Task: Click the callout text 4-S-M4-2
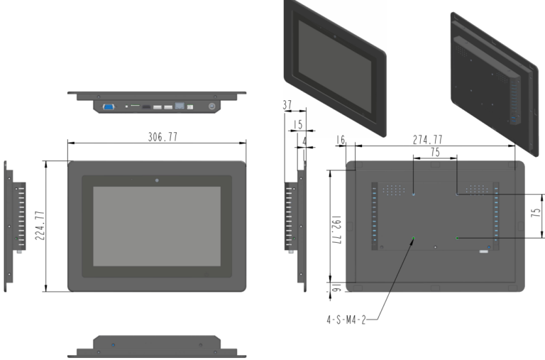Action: (x=347, y=320)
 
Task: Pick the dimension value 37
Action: (x=287, y=105)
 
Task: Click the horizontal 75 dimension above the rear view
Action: (x=434, y=152)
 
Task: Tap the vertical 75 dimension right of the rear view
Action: (x=536, y=215)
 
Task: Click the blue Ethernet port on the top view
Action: (x=180, y=107)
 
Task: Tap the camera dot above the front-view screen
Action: (x=157, y=178)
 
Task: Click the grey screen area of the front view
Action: (x=157, y=227)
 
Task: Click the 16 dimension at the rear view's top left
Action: (x=341, y=140)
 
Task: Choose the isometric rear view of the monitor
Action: (x=492, y=78)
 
